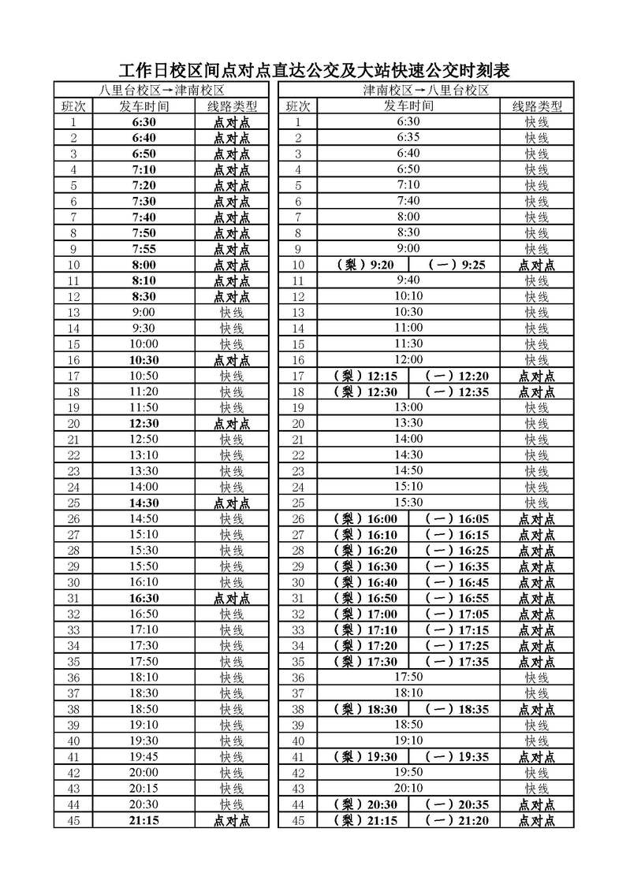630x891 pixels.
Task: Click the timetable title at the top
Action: tap(315, 71)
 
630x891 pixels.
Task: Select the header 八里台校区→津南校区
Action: tap(162, 91)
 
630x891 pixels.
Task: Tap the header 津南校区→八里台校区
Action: tap(427, 91)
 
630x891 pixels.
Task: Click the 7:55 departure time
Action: tap(144, 249)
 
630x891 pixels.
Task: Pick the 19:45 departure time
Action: tap(144, 756)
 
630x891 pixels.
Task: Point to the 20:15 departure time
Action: tap(144, 789)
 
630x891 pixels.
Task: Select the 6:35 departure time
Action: tap(408, 138)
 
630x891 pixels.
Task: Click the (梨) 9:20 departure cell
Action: tap(365, 265)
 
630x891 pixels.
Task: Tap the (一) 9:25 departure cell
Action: tap(456, 265)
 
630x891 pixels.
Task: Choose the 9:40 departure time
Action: tap(408, 280)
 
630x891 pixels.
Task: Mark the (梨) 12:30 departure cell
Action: tap(365, 392)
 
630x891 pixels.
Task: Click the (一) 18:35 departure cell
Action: tap(456, 709)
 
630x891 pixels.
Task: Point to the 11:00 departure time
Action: tap(408, 328)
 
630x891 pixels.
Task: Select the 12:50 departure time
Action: tap(144, 439)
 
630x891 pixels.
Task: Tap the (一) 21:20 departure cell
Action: tap(456, 820)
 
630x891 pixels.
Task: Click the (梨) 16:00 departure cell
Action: tap(365, 518)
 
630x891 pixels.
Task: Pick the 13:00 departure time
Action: tap(408, 407)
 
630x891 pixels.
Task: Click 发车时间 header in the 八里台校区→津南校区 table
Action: tap(144, 106)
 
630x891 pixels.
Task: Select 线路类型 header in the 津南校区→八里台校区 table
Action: tap(537, 106)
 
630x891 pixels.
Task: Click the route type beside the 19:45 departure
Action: tap(232, 756)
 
